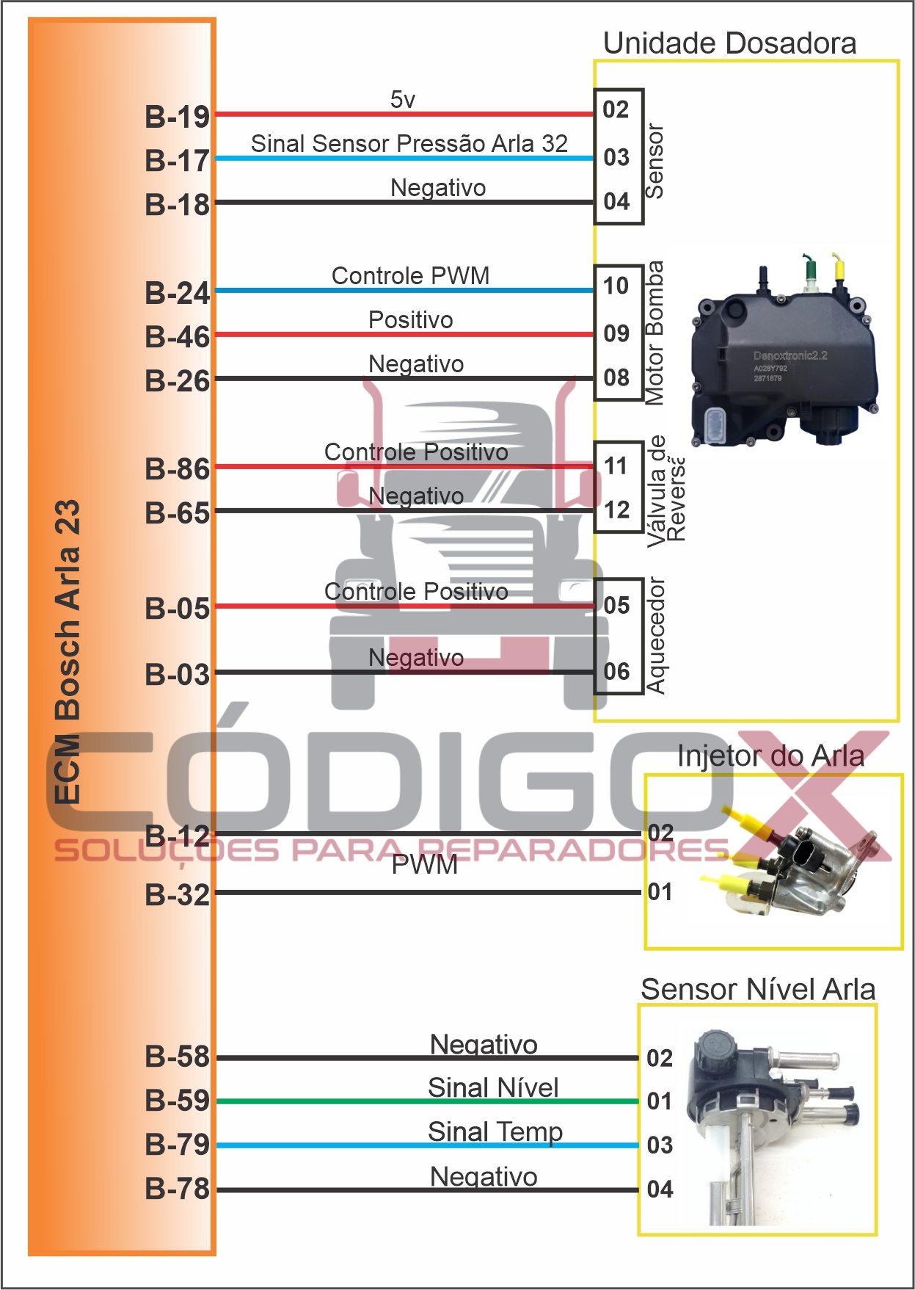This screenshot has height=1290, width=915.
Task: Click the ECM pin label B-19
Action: point(177,117)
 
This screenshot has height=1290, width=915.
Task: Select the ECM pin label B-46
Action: point(177,337)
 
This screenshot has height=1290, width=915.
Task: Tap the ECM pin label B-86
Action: point(177,469)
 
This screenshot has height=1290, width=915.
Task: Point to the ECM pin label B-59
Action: point(177,1101)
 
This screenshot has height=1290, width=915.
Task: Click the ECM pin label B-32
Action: point(177,895)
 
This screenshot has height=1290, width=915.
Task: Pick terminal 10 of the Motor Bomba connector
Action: point(616,286)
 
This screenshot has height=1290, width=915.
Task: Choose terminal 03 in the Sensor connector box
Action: point(616,157)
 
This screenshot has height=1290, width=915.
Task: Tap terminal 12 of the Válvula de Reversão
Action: point(616,510)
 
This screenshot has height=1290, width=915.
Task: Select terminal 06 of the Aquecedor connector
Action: point(616,671)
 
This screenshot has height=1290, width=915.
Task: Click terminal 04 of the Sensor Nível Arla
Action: point(660,1189)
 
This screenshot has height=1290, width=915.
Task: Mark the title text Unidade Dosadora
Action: point(729,43)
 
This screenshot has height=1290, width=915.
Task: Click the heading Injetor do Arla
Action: point(770,755)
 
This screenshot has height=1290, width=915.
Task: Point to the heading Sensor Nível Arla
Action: point(758,989)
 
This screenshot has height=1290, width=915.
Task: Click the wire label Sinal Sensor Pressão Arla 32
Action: point(409,143)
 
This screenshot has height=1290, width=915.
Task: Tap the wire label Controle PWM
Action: point(410,276)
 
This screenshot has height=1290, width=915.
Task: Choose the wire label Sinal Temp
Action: point(495,1131)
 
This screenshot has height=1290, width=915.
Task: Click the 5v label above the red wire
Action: point(403,99)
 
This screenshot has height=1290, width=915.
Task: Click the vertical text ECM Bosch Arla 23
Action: point(68,652)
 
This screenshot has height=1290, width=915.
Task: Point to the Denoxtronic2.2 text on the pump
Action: point(790,355)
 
